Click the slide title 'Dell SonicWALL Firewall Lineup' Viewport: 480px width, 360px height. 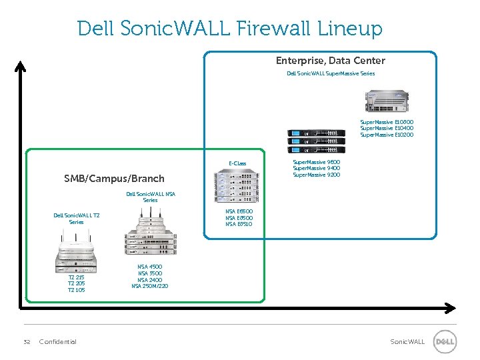click(230, 29)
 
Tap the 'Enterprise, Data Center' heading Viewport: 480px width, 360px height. click(330, 61)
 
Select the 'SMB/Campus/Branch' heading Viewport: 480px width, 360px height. click(114, 179)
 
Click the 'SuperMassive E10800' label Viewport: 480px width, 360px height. click(387, 123)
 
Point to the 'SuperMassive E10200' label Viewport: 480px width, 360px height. click(387, 135)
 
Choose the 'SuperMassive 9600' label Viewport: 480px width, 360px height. click(316, 162)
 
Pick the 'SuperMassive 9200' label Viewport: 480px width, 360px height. click(316, 175)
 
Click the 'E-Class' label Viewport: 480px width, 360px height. click(237, 163)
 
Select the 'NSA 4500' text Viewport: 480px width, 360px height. click(150, 267)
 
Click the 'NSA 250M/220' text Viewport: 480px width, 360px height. click(150, 286)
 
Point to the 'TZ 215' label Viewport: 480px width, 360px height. click(77, 277)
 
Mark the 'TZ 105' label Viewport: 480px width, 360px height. click(77, 290)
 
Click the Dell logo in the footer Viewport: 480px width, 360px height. click(445, 342)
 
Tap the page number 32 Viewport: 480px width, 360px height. click(27, 342)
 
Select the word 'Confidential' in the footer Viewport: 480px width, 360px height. click(58, 342)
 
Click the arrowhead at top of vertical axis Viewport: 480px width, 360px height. click(21, 65)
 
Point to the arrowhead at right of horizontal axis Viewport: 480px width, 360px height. click(450, 308)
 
